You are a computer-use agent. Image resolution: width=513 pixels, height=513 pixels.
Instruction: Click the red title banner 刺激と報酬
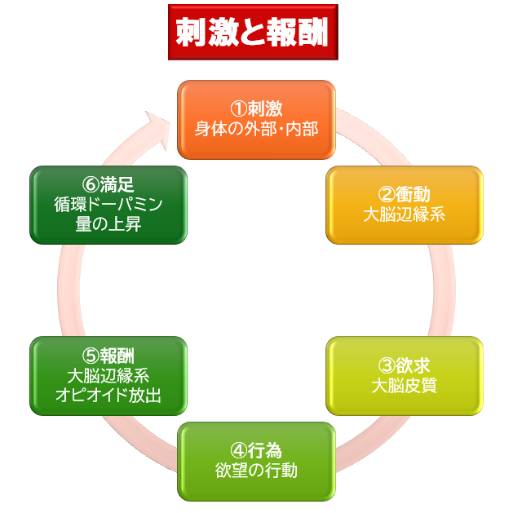click(252, 32)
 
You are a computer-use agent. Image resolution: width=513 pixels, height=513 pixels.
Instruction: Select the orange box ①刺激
click(256, 119)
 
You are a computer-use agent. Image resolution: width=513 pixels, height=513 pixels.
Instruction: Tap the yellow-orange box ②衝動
click(405, 205)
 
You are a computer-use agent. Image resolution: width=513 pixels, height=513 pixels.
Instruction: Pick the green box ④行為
click(256, 461)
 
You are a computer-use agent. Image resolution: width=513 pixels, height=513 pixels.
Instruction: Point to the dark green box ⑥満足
click(108, 205)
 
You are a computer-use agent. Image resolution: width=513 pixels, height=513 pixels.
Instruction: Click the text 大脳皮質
click(404, 385)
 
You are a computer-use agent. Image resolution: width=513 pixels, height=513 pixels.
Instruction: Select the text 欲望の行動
click(256, 471)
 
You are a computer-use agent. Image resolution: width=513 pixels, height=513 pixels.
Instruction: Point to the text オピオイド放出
click(108, 396)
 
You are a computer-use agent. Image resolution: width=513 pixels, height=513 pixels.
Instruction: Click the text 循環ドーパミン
click(108, 205)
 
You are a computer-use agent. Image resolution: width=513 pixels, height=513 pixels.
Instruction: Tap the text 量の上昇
click(108, 224)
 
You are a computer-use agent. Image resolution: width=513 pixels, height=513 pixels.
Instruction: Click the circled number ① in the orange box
click(237, 109)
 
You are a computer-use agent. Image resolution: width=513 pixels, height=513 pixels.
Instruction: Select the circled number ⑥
click(89, 186)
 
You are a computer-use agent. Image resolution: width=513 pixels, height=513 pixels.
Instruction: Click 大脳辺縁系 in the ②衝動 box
click(405, 214)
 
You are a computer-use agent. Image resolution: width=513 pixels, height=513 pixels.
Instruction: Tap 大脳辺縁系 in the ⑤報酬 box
click(108, 376)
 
